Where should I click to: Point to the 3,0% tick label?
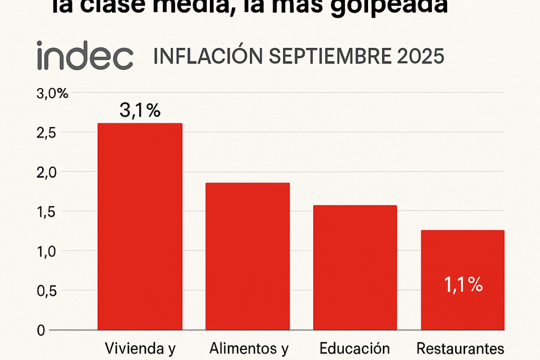click(x=52, y=94)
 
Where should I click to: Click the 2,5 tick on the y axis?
click(x=46, y=133)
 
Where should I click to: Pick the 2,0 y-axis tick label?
click(x=46, y=172)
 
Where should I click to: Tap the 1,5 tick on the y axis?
click(x=46, y=212)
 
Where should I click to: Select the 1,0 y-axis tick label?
click(x=46, y=251)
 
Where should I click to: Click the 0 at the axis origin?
click(x=40, y=330)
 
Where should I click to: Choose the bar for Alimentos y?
click(x=247, y=256)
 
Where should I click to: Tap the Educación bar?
click(x=355, y=268)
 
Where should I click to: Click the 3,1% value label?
click(x=140, y=111)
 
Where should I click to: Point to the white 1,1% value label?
click(x=463, y=285)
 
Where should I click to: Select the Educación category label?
click(x=355, y=349)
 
